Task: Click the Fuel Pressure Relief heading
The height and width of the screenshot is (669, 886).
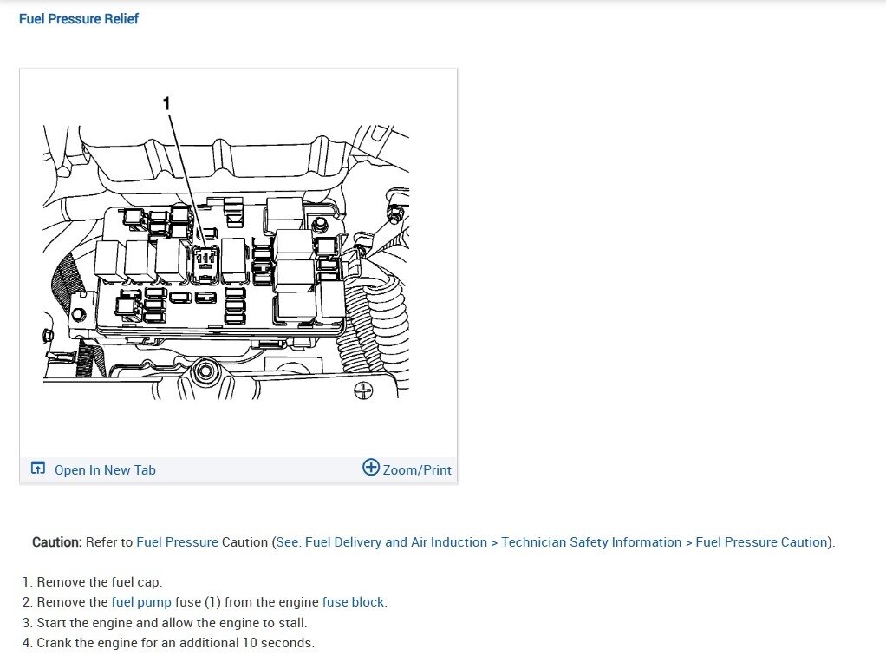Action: pyautogui.click(x=79, y=18)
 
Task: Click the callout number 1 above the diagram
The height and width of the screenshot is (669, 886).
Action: pyautogui.click(x=166, y=103)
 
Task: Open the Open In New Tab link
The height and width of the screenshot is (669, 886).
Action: pyautogui.click(x=105, y=469)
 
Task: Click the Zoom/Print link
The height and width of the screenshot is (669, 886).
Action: pyautogui.click(x=417, y=469)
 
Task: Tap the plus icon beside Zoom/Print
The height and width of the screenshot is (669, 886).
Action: pyautogui.click(x=371, y=468)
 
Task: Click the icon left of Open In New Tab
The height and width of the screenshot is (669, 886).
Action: pyautogui.click(x=37, y=469)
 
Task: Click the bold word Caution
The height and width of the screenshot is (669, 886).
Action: pyautogui.click(x=57, y=542)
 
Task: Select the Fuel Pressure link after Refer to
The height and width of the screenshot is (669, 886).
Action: pyautogui.click(x=177, y=542)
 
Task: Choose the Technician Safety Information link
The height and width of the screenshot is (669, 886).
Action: pyautogui.click(x=591, y=542)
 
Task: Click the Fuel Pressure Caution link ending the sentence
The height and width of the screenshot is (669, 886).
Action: pyautogui.click(x=762, y=542)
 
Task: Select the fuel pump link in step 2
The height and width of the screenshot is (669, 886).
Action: pyautogui.click(x=141, y=602)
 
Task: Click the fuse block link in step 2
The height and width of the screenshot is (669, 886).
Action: pyautogui.click(x=353, y=602)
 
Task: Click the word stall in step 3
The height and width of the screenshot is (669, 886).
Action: pyautogui.click(x=290, y=623)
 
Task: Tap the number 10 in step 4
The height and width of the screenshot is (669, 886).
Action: pyautogui.click(x=242, y=643)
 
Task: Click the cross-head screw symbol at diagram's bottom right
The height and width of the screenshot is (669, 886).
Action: pyautogui.click(x=364, y=390)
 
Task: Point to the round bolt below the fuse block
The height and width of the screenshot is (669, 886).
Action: pyautogui.click(x=205, y=372)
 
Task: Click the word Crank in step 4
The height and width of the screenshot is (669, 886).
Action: pyautogui.click(x=55, y=643)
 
